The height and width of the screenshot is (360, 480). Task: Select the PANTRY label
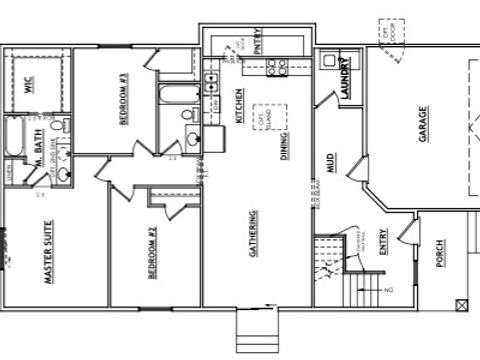[257, 42]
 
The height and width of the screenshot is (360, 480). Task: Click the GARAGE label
[423, 124]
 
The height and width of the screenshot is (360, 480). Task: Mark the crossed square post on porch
[461, 304]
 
